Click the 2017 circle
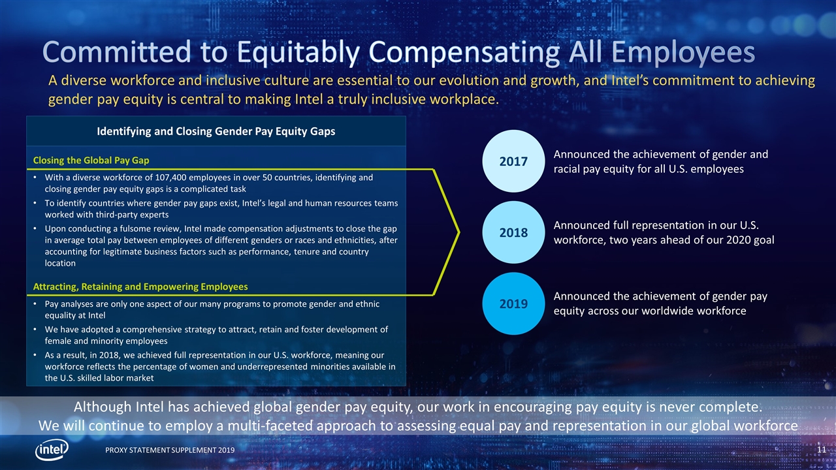pyautogui.click(x=513, y=161)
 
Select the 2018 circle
pyautogui.click(x=513, y=232)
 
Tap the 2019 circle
pyautogui.click(x=513, y=304)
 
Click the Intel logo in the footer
pyautogui.click(x=52, y=450)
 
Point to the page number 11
pyautogui.click(x=822, y=450)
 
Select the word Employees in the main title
pyautogui.click(x=683, y=53)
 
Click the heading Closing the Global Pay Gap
pyautogui.click(x=91, y=161)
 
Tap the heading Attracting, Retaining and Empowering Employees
pyautogui.click(x=140, y=287)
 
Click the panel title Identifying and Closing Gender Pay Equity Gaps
pyautogui.click(x=216, y=131)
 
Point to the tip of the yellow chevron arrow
pyautogui.click(x=459, y=232)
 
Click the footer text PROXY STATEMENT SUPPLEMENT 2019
pyautogui.click(x=170, y=450)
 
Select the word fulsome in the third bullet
pyautogui.click(x=165, y=228)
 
